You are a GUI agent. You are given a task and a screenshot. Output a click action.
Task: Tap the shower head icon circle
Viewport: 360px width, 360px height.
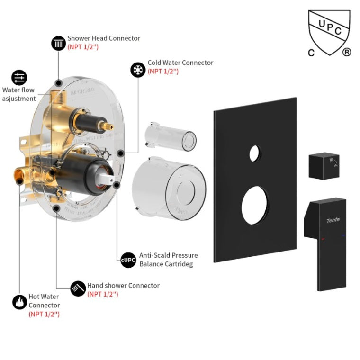point(59,43)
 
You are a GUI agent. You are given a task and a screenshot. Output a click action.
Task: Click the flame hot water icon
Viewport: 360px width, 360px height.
point(19,302)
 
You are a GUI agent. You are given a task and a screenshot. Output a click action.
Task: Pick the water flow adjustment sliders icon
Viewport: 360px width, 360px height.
point(19,78)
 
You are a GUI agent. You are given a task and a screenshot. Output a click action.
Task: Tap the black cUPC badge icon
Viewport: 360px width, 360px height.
point(128,260)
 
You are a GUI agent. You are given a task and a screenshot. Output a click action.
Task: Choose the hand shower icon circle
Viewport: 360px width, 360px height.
point(78,288)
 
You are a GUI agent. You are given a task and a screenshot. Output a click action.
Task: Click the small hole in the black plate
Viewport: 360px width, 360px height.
point(255,152)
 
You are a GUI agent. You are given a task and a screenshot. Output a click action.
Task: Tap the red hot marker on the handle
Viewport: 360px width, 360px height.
point(323,239)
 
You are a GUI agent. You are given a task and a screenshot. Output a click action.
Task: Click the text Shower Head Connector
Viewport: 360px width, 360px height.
point(104,38)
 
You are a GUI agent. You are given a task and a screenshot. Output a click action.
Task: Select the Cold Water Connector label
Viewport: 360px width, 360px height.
point(180,63)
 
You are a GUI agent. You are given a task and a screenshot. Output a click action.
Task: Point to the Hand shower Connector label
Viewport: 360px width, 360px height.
point(123,286)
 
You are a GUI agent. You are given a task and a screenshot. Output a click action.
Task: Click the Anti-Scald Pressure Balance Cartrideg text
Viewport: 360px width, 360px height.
point(168,260)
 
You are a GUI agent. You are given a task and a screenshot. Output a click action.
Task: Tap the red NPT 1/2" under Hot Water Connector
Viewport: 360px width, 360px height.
point(44,314)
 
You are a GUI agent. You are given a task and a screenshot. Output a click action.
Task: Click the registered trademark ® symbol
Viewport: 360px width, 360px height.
point(347,53)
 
